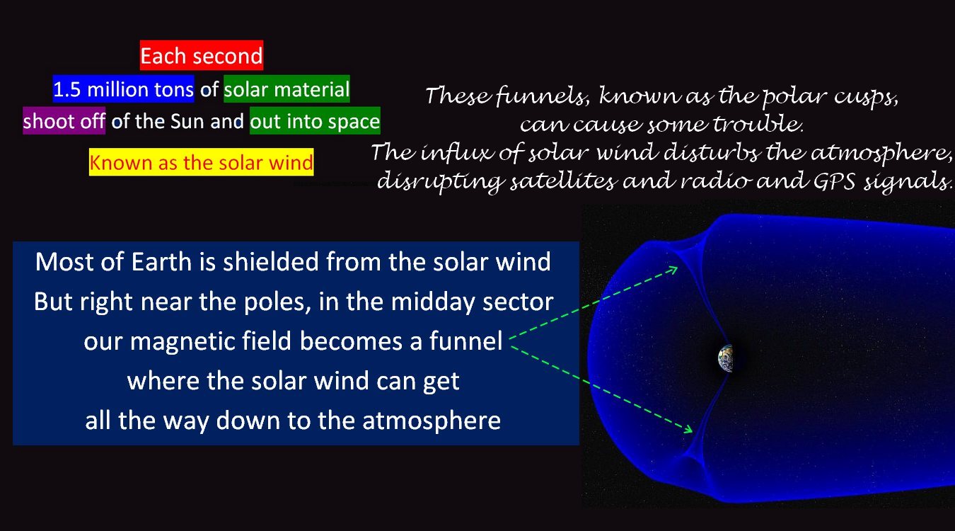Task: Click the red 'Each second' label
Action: coord(201,55)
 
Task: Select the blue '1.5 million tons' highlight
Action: coord(123,88)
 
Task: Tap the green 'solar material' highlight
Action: coord(286,88)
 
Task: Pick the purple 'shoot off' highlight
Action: coord(64,121)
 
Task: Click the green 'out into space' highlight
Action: coord(315,121)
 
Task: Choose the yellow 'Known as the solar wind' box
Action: coord(201,162)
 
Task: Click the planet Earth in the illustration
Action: coord(726,358)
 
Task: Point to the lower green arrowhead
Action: coord(688,428)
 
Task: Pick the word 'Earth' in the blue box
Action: coord(161,262)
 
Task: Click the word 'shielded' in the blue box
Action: coord(271,262)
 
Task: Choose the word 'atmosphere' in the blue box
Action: coord(432,421)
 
